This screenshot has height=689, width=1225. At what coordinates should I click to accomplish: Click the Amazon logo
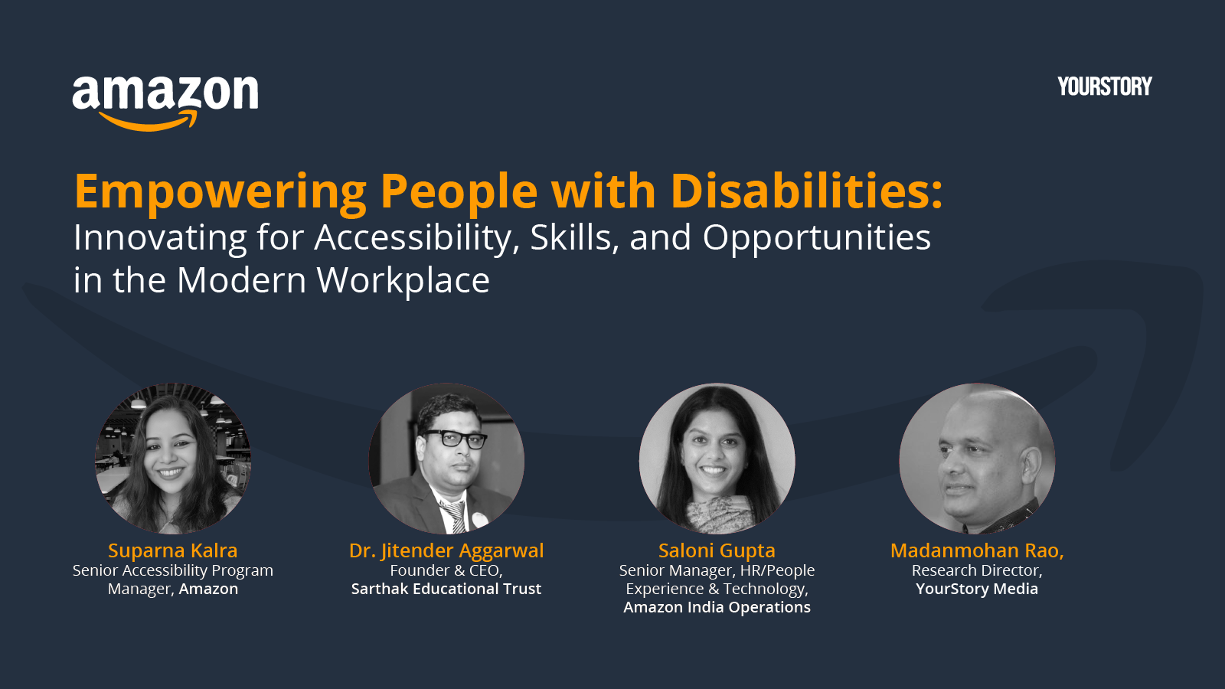(165, 103)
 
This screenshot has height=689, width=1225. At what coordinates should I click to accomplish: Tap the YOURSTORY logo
(1105, 87)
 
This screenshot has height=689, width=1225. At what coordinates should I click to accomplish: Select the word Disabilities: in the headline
(807, 191)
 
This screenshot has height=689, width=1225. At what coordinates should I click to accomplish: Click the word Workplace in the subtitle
(403, 281)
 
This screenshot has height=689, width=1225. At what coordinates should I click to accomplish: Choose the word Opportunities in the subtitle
(816, 238)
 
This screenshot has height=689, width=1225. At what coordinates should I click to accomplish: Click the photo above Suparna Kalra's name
(173, 459)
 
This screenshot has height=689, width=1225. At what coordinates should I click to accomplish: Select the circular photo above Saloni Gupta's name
(717, 459)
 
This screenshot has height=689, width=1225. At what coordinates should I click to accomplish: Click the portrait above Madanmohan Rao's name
(977, 459)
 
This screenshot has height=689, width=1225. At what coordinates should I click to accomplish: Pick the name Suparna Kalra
(173, 550)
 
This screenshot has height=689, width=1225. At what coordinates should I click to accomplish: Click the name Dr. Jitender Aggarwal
(446, 550)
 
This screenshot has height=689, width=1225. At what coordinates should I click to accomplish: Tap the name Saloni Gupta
(717, 550)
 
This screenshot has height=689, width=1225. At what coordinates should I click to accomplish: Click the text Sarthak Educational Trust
(446, 589)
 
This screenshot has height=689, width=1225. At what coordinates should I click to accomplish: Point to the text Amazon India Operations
(717, 608)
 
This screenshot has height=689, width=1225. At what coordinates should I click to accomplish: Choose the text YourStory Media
(977, 589)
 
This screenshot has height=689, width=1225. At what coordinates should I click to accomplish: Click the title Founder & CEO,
(446, 570)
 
